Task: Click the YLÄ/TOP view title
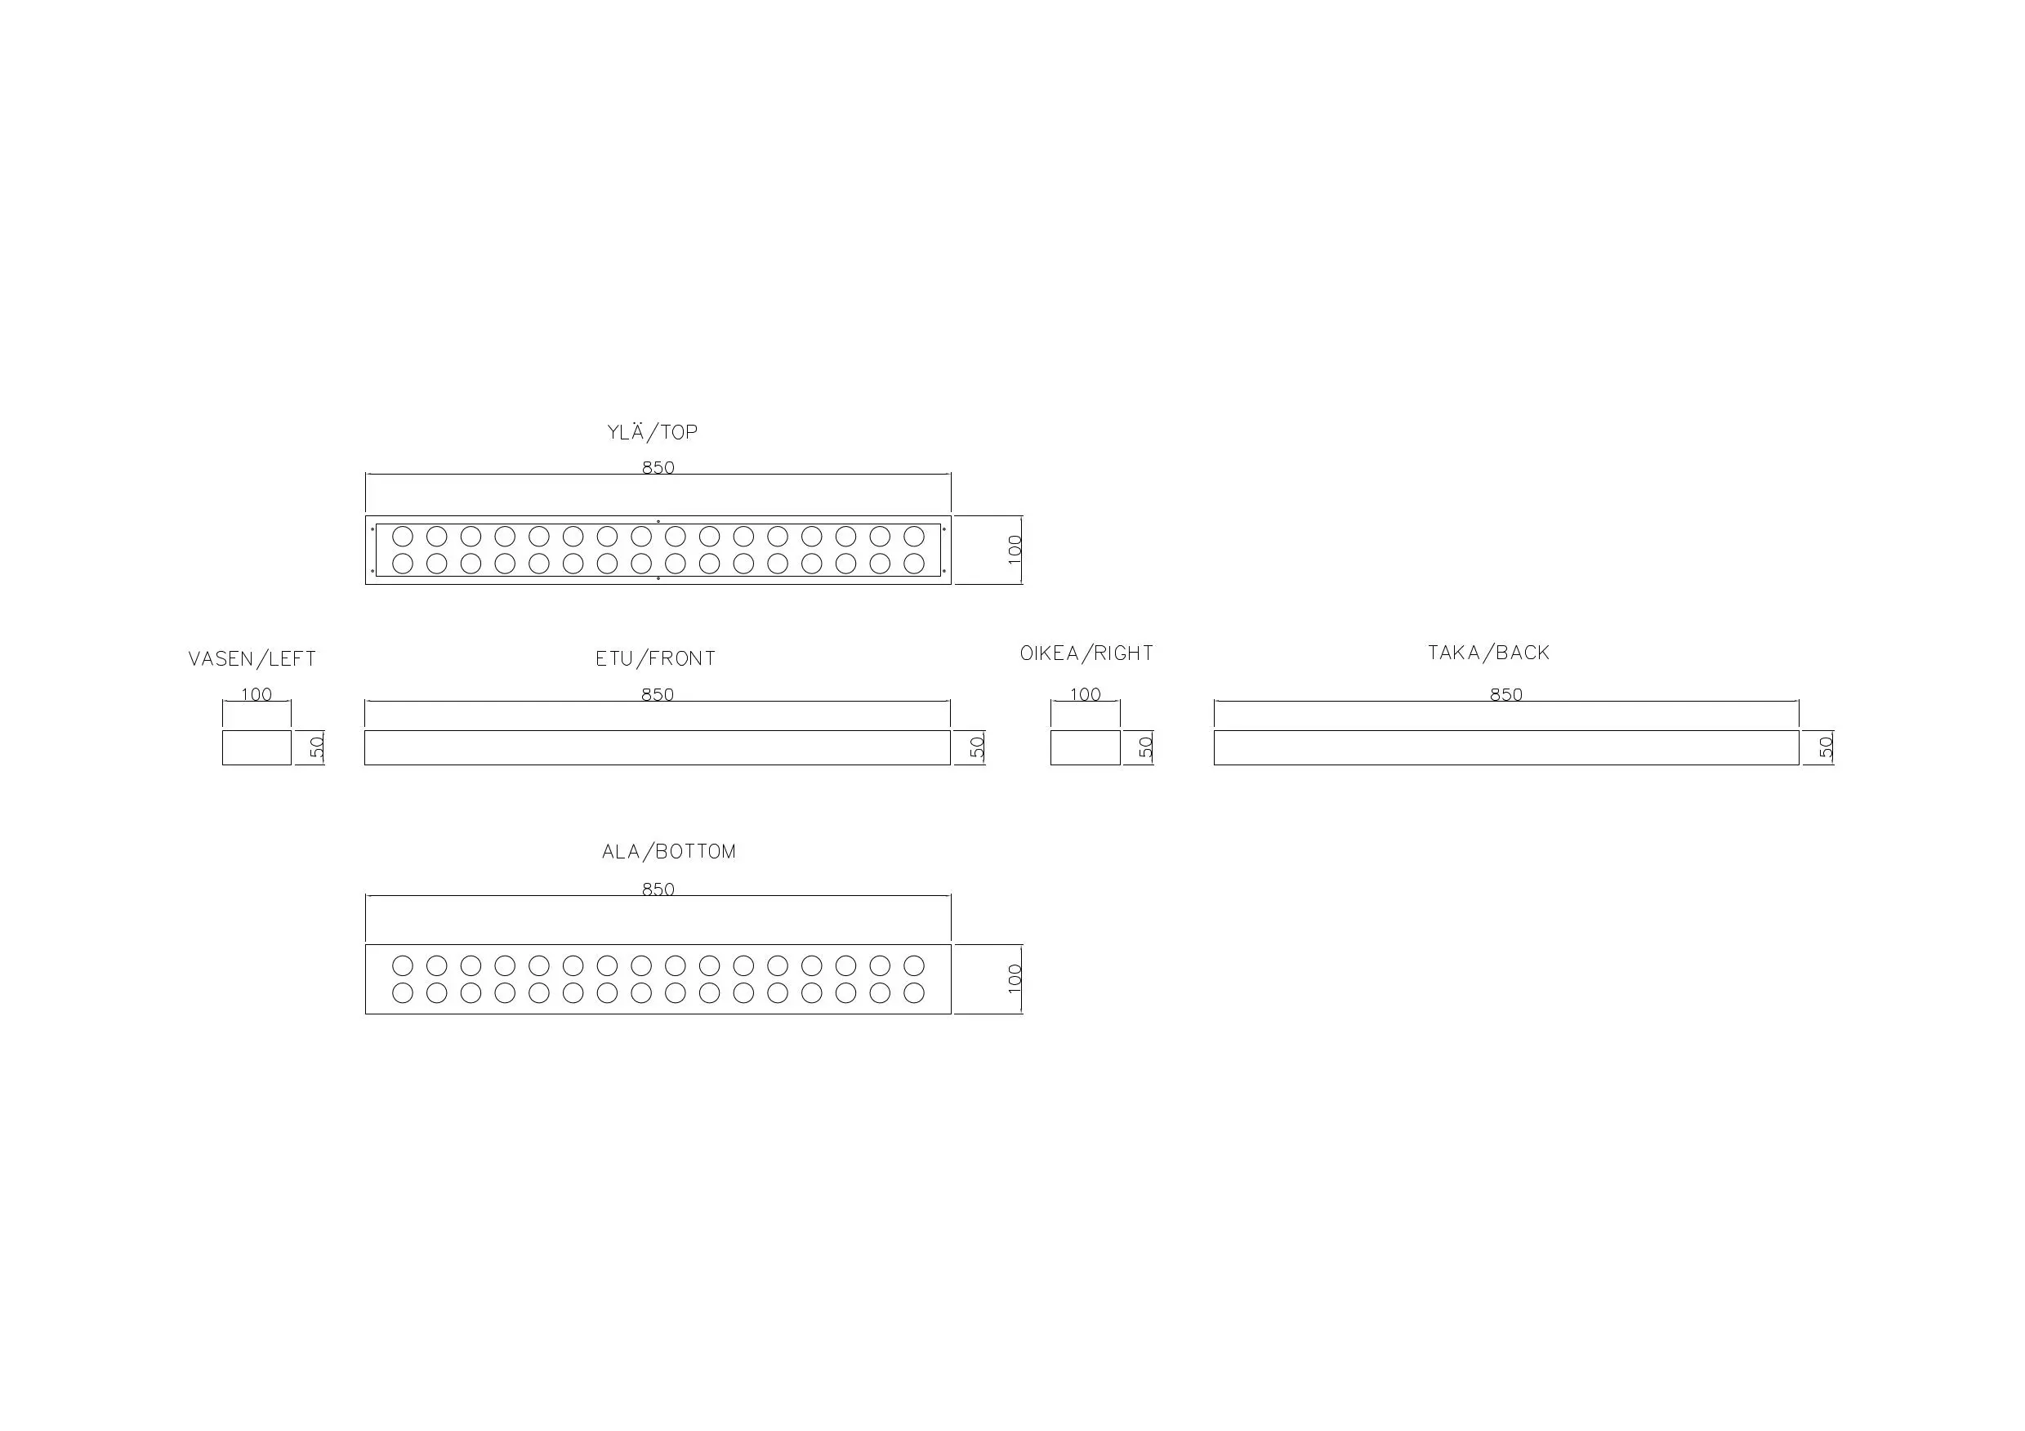tap(653, 433)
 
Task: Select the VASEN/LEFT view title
tap(252, 659)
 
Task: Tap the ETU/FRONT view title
tap(655, 658)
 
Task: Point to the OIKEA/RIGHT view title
tap(1086, 653)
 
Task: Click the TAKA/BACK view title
tap(1489, 653)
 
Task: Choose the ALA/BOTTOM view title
tap(668, 852)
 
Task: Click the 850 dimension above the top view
tap(658, 467)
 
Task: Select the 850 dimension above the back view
tap(1506, 695)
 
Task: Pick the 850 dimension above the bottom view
tap(658, 889)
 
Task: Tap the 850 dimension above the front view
tap(657, 695)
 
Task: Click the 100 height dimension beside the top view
tap(1015, 550)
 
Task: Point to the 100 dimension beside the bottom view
tap(1015, 979)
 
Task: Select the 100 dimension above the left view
tap(256, 695)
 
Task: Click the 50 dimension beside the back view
tap(1826, 747)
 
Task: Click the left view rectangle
tap(256, 747)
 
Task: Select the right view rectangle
tap(1085, 747)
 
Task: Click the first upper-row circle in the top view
tap(402, 536)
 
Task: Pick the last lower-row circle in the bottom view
tap(914, 992)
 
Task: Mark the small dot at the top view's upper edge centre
tap(658, 522)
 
